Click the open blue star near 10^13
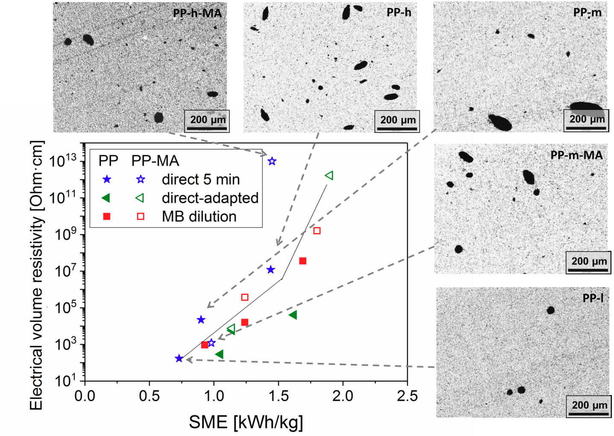272,161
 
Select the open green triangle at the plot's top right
329,175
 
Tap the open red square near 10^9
317,231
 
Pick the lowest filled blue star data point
179,358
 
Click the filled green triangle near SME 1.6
293,315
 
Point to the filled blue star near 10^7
270,270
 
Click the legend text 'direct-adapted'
210,198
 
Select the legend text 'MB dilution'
199,217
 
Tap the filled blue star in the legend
107,180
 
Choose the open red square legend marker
140,217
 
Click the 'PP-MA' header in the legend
155,161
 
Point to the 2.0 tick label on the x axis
343,396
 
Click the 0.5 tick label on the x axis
149,396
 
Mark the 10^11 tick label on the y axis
62,198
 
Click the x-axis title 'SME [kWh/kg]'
246,422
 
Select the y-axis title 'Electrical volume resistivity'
37,275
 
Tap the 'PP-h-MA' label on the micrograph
197,13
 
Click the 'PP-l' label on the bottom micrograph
593,298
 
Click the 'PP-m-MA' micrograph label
576,155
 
